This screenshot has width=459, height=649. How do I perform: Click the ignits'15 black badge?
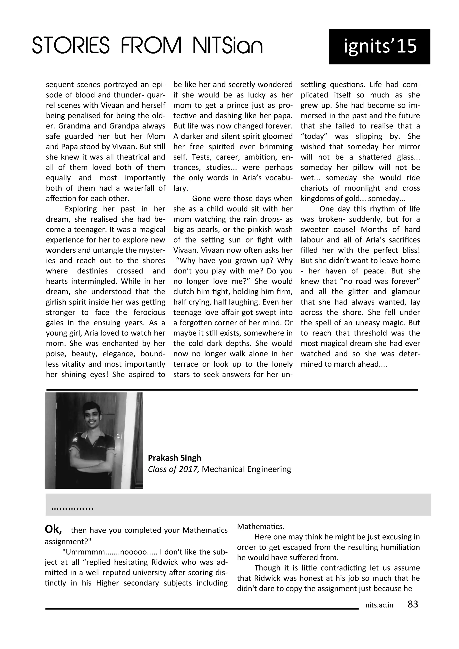[x=379, y=47]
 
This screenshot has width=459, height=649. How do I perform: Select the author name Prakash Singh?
[x=174, y=458]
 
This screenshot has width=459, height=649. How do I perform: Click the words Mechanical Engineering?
[x=246, y=469]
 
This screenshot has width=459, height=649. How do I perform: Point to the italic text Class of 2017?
[x=174, y=469]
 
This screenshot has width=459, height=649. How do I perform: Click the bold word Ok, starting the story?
[x=53, y=529]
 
